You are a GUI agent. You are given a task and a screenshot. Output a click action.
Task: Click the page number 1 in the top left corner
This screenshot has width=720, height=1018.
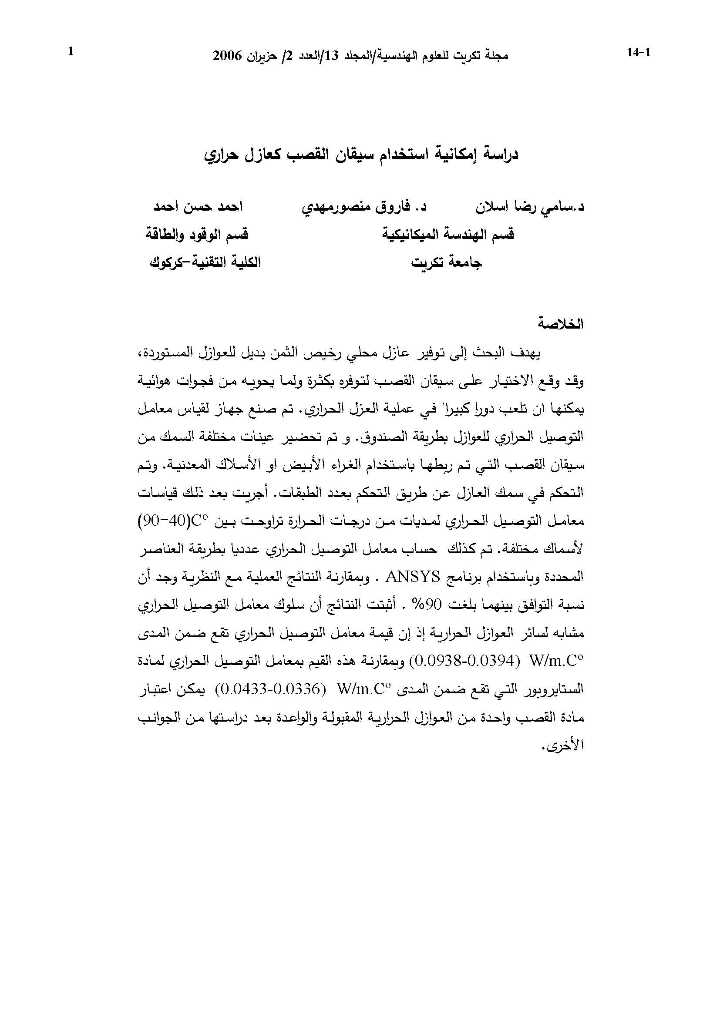(70, 52)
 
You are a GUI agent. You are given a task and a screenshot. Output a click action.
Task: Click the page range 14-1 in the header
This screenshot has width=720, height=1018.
(639, 53)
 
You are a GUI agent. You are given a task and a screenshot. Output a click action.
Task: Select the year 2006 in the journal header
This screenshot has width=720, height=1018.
(227, 56)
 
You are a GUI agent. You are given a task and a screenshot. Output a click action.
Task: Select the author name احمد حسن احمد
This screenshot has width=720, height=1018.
(197, 208)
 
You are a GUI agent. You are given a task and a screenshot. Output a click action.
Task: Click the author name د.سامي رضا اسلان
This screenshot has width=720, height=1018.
(530, 208)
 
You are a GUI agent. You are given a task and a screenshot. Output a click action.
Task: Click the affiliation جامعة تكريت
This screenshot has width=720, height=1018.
(447, 263)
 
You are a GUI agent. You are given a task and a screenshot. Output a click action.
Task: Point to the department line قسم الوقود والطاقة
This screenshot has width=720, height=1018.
(197, 235)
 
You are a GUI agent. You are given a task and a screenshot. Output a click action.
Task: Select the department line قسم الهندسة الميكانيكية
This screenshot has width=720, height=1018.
(448, 235)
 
